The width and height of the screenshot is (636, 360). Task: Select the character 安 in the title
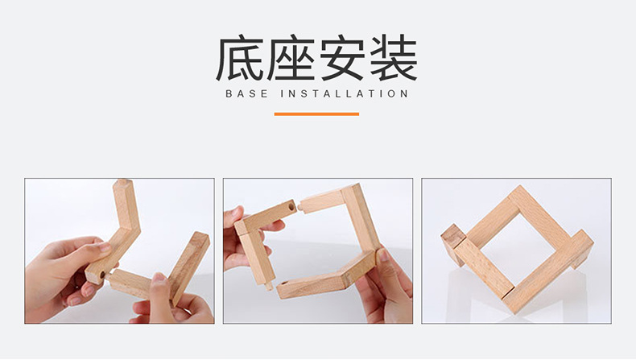tap(342, 59)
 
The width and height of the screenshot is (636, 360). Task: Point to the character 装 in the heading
tap(394, 59)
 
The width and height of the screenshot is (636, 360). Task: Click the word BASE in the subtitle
tap(246, 93)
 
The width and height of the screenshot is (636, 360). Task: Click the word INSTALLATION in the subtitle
tap(345, 93)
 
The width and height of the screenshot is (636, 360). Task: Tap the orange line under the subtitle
tap(316, 114)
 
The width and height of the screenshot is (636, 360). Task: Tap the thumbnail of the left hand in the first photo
tap(104, 246)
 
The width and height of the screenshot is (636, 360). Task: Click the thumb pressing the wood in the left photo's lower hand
tap(159, 285)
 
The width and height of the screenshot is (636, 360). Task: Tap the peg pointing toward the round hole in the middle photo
tap(300, 207)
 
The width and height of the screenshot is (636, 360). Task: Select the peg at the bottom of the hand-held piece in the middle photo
tap(268, 287)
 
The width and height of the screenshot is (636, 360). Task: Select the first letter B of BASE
tap(229, 93)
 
